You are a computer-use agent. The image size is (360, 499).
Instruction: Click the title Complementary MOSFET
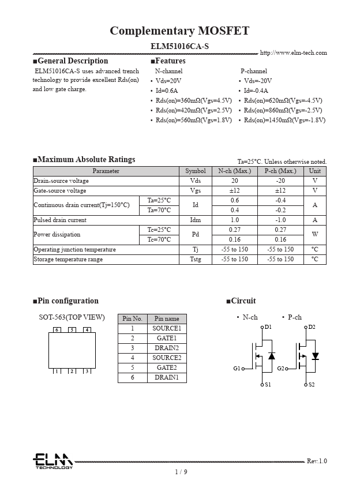179,31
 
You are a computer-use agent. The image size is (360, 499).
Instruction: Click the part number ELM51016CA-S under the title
179,45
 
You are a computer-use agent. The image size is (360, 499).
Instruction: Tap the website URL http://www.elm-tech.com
293,52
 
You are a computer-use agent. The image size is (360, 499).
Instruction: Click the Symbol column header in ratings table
195,171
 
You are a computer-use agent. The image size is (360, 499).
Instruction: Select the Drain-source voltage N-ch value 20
234,181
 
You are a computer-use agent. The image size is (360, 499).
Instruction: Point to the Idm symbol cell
195,220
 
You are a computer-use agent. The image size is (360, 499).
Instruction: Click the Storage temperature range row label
68,259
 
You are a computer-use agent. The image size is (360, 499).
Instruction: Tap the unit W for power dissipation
314,234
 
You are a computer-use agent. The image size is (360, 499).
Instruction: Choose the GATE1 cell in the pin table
166,338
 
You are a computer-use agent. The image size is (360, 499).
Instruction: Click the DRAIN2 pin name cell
166,348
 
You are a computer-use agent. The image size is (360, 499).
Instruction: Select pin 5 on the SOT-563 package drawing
72,330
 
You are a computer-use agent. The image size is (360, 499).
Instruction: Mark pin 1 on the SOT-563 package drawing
57,371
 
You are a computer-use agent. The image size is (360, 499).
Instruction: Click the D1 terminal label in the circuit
268,327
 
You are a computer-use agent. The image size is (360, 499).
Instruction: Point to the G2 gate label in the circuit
281,368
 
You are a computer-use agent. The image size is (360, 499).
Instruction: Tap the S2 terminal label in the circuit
312,384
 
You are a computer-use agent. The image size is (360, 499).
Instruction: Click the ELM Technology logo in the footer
52,461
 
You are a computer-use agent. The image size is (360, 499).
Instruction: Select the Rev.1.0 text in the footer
316,461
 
